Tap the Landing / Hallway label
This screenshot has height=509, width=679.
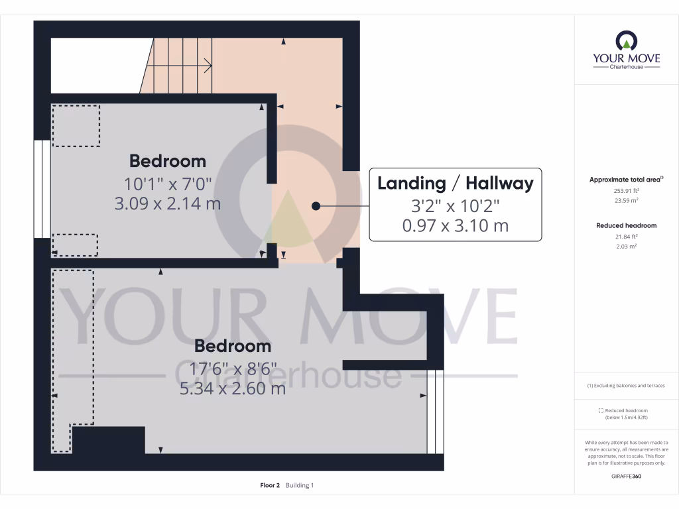455,183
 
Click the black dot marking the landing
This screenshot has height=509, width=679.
316,206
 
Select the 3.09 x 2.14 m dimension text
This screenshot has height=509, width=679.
167,203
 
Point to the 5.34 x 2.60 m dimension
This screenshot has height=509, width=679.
232,388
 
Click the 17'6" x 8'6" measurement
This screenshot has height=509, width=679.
232,368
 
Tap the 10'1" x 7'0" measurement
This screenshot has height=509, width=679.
167,183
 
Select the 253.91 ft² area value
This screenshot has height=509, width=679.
626,190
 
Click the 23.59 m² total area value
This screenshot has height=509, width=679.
626,200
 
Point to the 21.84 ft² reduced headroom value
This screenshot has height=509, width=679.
626,237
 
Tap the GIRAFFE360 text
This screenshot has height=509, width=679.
627,477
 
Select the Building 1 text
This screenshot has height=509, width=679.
300,486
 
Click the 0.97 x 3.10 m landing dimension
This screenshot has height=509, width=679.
455,225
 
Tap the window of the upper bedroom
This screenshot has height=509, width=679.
42,189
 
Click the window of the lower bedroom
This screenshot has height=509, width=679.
435,411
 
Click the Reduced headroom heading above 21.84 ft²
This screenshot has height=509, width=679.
626,225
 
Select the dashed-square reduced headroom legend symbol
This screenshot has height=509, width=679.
601,411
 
